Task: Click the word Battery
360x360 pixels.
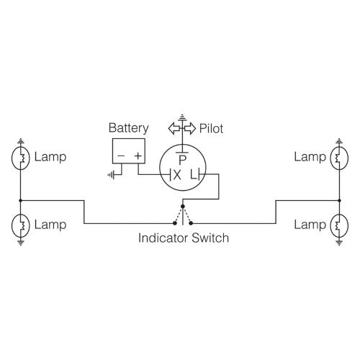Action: (129, 128)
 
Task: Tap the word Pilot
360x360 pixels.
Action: (212, 128)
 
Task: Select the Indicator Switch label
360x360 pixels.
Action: (184, 238)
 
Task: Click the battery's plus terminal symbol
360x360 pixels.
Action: (138, 154)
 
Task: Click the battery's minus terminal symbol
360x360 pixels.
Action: (121, 154)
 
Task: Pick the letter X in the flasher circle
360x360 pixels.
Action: (177, 174)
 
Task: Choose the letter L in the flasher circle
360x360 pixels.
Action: (192, 174)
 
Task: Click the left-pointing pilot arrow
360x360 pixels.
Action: (174, 128)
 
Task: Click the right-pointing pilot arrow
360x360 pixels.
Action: (191, 128)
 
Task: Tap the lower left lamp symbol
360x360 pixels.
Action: (22, 225)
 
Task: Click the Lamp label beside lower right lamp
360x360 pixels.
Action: (310, 225)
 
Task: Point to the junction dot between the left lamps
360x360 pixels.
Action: (22, 201)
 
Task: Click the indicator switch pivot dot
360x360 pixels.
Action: (184, 205)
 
